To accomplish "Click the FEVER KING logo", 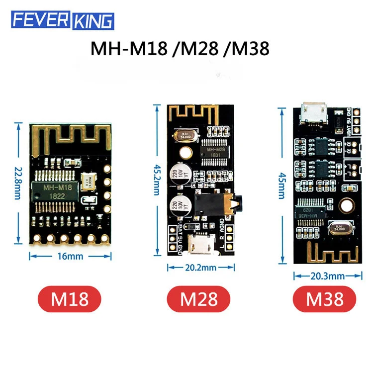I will pos(63,20).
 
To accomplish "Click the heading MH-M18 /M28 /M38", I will pos(180,48).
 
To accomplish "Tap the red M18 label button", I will pos(70,299).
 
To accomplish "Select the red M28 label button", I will pos(198,299).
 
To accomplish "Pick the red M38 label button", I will pos(325,299).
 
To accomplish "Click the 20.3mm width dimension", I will pos(325,276).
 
